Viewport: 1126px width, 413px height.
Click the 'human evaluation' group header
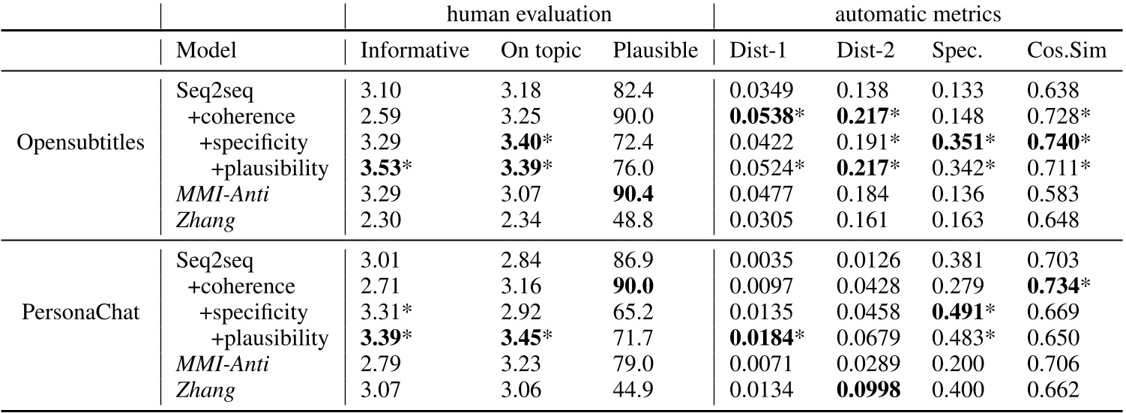point(529,13)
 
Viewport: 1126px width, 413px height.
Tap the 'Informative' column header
point(415,50)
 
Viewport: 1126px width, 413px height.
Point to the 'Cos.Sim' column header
point(1059,50)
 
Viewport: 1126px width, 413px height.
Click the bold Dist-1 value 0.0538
point(758,116)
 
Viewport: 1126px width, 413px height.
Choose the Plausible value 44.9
point(634,389)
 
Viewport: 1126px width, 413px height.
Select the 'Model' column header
point(205,50)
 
